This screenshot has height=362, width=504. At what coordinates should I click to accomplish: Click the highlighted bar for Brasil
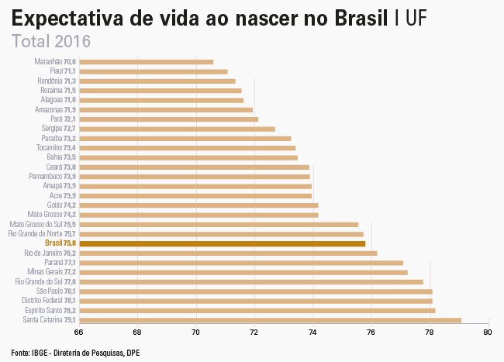click(x=222, y=243)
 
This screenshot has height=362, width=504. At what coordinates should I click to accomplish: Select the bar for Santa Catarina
click(x=270, y=319)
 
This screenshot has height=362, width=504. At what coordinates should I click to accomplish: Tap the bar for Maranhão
click(x=146, y=61)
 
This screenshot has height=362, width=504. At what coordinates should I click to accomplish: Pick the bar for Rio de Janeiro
click(x=228, y=253)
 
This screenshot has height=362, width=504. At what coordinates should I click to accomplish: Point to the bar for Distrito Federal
click(x=256, y=301)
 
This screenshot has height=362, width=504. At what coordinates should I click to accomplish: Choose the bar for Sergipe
click(x=177, y=129)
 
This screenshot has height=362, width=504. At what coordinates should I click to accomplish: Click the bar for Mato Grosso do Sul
click(x=219, y=224)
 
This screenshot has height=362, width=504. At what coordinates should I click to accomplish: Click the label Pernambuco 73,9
click(x=52, y=177)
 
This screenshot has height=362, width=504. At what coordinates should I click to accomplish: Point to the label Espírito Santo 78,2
click(x=49, y=310)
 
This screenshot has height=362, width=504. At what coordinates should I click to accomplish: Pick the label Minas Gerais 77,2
click(x=51, y=272)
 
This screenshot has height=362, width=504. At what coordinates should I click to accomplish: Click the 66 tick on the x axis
click(x=79, y=333)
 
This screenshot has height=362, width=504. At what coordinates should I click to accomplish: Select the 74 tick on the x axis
click(x=312, y=333)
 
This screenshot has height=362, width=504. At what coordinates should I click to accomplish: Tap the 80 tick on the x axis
click(x=487, y=333)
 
